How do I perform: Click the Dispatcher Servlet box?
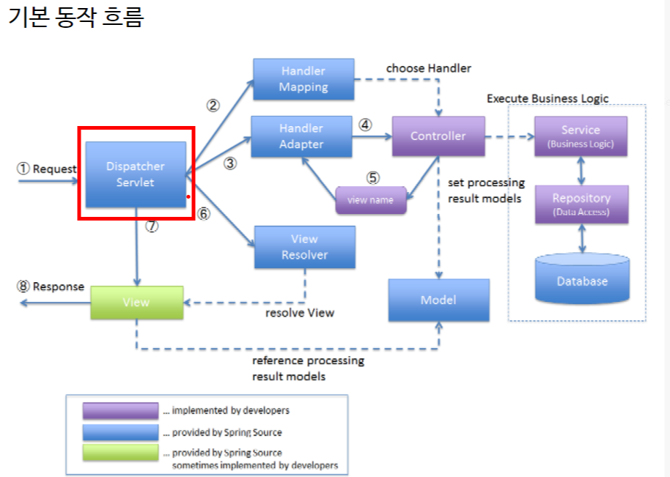(136, 174)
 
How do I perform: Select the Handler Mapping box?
(303, 79)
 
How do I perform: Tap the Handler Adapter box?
(301, 136)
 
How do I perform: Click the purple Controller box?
(438, 136)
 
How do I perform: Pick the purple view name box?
(371, 200)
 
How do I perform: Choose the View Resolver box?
(304, 247)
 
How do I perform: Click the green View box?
(136, 302)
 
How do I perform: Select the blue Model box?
(438, 300)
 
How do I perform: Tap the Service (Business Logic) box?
(581, 136)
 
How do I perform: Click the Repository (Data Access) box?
(581, 204)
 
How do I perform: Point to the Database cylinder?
(582, 279)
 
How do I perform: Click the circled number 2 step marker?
(213, 105)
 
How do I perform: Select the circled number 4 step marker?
(366, 125)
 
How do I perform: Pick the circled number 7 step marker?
(152, 226)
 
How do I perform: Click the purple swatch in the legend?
(120, 411)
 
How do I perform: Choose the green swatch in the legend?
(120, 453)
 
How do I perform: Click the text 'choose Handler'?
(429, 68)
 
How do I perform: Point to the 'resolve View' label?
(299, 313)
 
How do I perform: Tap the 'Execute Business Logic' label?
(548, 98)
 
